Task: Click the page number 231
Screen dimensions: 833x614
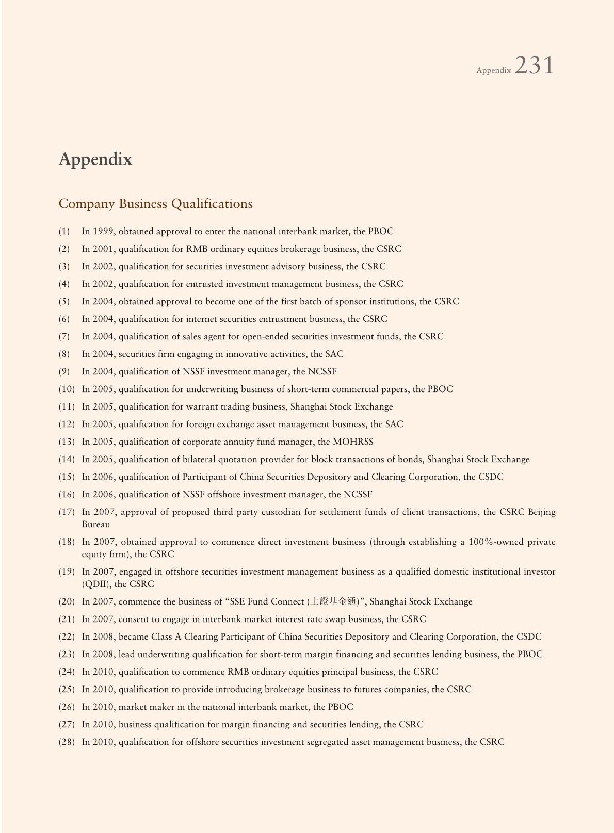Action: point(534,66)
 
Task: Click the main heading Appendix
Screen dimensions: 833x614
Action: point(95,159)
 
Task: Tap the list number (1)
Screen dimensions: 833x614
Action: point(64,232)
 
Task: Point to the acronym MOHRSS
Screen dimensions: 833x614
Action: point(353,442)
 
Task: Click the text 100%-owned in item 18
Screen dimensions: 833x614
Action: point(496,542)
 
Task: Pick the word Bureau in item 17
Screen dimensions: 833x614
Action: point(95,525)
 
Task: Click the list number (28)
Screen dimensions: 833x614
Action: point(67,742)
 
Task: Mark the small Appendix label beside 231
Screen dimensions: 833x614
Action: point(493,70)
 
